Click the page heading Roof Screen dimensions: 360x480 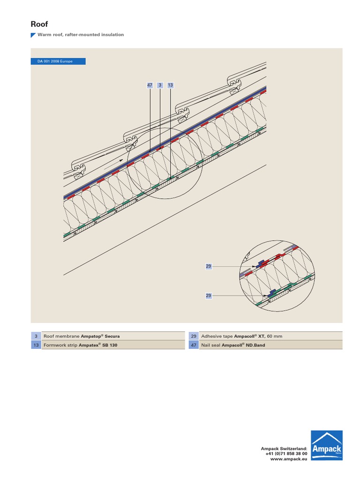click(x=39, y=24)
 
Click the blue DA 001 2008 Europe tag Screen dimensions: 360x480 click(x=58, y=61)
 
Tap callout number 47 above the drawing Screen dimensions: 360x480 click(x=150, y=85)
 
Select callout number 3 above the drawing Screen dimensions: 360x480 click(x=160, y=85)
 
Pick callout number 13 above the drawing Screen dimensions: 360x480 click(x=171, y=85)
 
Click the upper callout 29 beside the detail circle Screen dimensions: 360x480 click(x=209, y=266)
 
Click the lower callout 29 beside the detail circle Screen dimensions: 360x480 click(x=209, y=296)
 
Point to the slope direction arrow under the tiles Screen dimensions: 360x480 click(x=113, y=165)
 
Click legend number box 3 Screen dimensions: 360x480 click(x=36, y=336)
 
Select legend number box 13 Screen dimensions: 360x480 click(x=36, y=345)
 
